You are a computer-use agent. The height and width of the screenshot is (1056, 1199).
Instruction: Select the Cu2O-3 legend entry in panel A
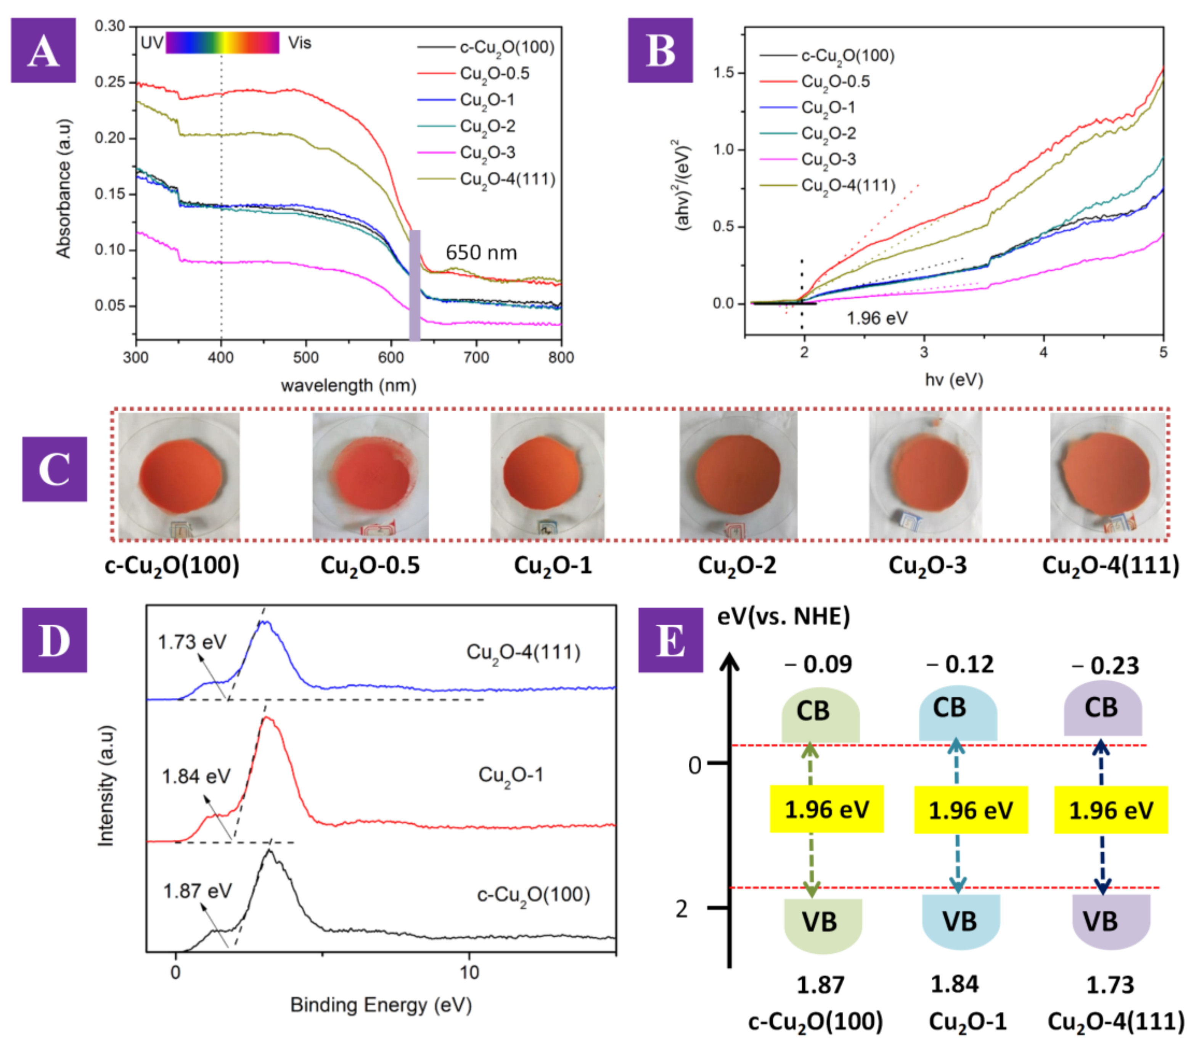pos(487,153)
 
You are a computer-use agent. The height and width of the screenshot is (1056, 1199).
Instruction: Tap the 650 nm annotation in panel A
pos(481,253)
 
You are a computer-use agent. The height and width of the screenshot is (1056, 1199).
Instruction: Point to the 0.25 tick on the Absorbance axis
pos(110,82)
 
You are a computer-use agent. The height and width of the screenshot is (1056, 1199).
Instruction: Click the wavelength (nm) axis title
pos(349,385)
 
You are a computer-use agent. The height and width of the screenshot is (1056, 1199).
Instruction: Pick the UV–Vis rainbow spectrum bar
pos(222,43)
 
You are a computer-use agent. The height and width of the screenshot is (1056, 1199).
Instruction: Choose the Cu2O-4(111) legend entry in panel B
pos(848,185)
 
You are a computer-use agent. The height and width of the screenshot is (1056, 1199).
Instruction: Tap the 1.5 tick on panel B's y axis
pos(723,73)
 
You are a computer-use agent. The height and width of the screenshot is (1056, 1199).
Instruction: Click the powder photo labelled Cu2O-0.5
pos(370,475)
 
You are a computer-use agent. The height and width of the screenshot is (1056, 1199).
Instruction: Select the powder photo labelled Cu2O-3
pos(925,475)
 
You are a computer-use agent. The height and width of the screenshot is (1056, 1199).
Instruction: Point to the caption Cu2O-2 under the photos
pos(737,565)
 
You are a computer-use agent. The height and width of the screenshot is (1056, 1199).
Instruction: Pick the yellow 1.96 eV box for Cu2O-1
pos(970,810)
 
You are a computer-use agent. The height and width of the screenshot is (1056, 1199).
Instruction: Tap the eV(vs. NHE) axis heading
pos(783,617)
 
